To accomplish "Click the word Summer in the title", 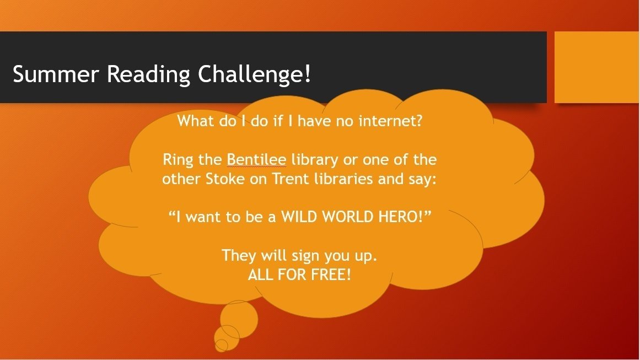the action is [56, 74].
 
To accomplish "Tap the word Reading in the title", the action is [149, 75].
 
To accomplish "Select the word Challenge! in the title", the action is [254, 74].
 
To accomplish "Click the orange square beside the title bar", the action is [597, 67].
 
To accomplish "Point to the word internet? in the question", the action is [390, 121].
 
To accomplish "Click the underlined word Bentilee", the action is [256, 159].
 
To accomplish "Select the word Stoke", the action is [225, 179].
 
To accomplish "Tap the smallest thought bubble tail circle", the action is [221, 345].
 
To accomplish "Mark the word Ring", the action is [178, 160].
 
